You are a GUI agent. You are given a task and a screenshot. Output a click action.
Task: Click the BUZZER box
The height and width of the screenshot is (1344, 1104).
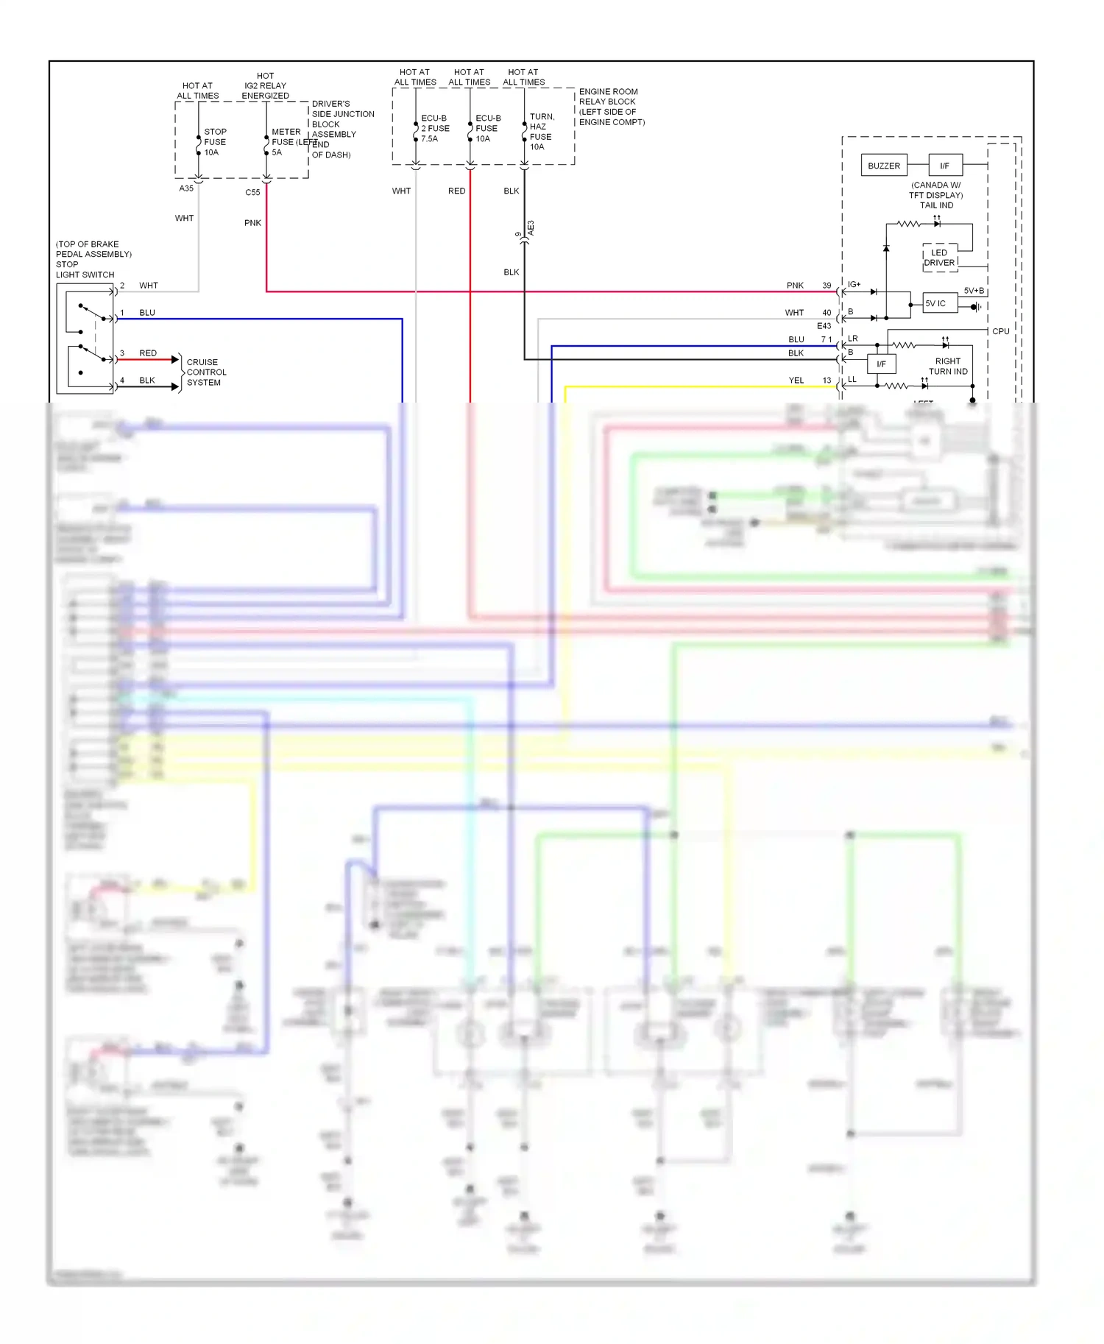point(883,166)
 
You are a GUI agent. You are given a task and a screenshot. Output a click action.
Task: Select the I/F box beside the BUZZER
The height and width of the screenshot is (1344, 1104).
point(945,166)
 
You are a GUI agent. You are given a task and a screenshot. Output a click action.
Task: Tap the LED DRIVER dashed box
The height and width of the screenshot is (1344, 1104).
point(939,258)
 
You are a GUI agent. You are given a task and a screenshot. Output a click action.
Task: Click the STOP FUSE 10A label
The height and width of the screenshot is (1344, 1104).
point(214,142)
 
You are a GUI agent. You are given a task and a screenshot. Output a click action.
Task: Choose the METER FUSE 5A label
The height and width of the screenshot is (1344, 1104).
point(286,142)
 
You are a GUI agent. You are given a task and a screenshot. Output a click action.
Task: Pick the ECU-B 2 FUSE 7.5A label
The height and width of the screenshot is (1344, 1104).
point(434,128)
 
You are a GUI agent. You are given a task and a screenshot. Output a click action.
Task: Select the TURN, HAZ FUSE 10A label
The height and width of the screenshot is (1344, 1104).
point(541,132)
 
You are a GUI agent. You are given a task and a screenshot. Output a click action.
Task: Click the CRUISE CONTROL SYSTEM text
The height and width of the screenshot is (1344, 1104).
point(206,372)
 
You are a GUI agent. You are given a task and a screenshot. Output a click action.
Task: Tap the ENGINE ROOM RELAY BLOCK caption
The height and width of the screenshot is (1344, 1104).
point(611,107)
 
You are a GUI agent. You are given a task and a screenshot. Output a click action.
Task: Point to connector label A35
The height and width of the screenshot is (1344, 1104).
point(186,188)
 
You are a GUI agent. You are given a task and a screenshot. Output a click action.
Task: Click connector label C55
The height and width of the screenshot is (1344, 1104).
point(252,192)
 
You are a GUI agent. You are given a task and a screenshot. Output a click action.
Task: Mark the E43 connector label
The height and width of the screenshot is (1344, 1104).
point(824,325)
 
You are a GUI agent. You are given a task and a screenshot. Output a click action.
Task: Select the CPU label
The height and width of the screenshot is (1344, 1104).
point(1000,331)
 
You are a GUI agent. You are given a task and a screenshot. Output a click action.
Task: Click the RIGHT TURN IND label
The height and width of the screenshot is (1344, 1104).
point(948,367)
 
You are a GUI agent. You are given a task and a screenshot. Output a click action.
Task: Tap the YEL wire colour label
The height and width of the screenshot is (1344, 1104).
point(796,381)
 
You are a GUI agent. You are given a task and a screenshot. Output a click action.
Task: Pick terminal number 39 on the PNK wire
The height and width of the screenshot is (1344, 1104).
point(827,286)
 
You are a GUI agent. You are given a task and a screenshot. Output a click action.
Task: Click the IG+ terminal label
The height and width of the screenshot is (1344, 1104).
point(854,284)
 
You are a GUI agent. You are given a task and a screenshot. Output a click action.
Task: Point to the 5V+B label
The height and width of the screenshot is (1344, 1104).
point(974,291)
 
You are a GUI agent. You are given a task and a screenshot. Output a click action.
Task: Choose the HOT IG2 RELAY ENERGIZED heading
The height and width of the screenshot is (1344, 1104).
point(265,85)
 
